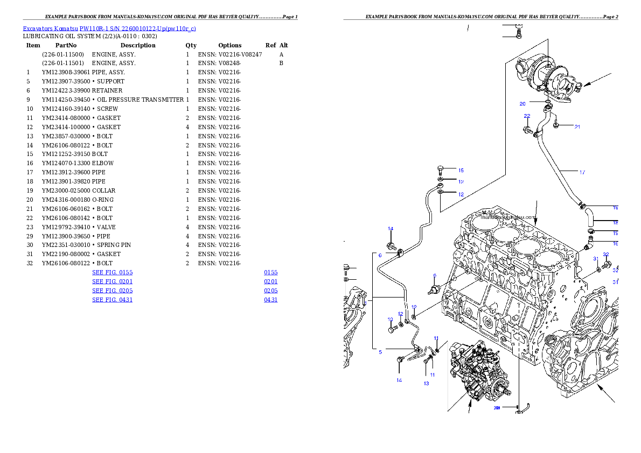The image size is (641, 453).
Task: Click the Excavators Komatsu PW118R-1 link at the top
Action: click(x=109, y=29)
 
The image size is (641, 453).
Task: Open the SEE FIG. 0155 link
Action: click(x=112, y=272)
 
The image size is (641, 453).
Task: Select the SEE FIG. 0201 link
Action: click(x=112, y=281)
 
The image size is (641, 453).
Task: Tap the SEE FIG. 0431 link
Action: click(x=112, y=300)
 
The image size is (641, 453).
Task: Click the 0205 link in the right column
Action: click(x=270, y=291)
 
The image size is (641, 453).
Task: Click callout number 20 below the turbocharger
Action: click(x=522, y=104)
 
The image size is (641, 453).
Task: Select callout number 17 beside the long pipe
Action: click(x=582, y=173)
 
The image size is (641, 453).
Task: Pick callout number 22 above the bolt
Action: click(x=527, y=116)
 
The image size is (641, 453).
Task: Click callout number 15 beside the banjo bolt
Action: click(x=461, y=170)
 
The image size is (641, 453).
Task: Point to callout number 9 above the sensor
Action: click(x=434, y=275)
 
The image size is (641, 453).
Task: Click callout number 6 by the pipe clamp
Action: click(x=380, y=255)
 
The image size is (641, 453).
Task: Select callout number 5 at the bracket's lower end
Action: click(x=380, y=352)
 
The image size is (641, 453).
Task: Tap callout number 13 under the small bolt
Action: click(x=426, y=384)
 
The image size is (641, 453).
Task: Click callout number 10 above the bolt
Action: click(x=391, y=319)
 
